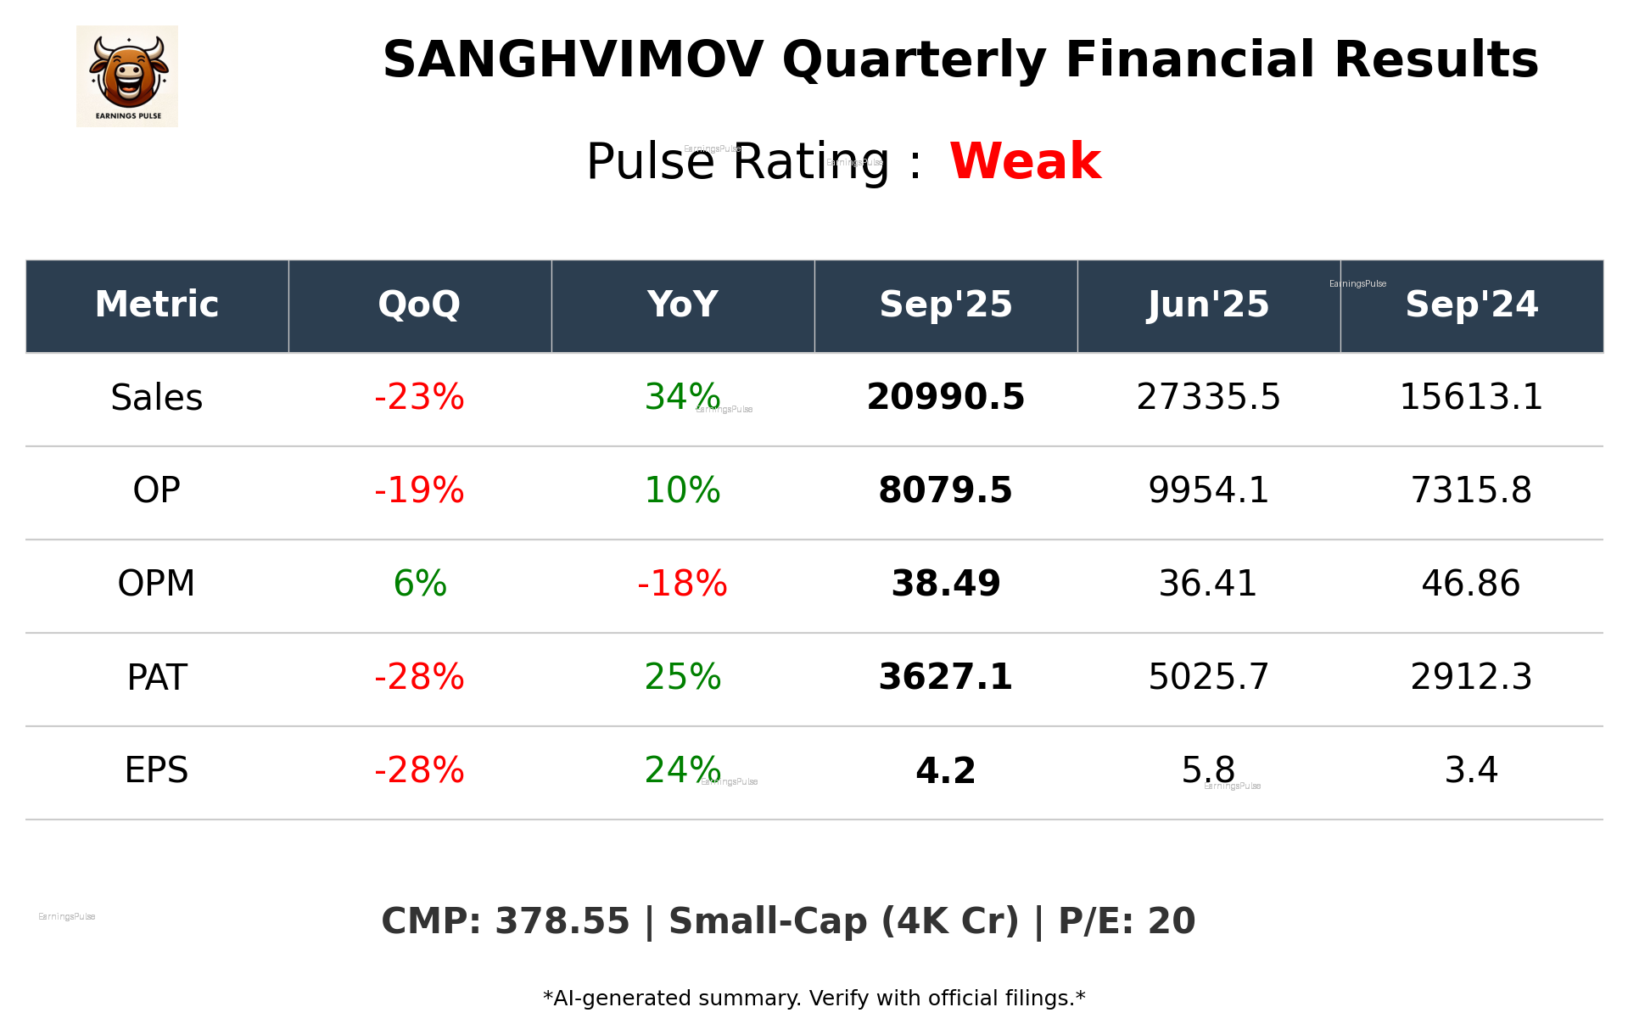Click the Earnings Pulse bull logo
[127, 76]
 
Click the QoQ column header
[419, 305]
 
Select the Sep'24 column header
[1471, 305]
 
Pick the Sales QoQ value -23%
[419, 397]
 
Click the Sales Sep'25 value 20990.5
[945, 397]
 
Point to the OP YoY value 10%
[682, 490]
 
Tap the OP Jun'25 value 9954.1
[1208, 490]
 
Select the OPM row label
[156, 584]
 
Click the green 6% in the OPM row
[419, 584]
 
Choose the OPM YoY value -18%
[682, 584]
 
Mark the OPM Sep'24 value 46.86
[1471, 584]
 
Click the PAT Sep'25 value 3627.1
[945, 677]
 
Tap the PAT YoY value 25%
[682, 677]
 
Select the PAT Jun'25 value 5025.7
[1208, 677]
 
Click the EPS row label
[156, 770]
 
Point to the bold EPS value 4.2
[945, 770]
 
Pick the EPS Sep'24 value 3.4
[1471, 770]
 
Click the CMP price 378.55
[562, 921]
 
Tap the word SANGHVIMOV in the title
[573, 60]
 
